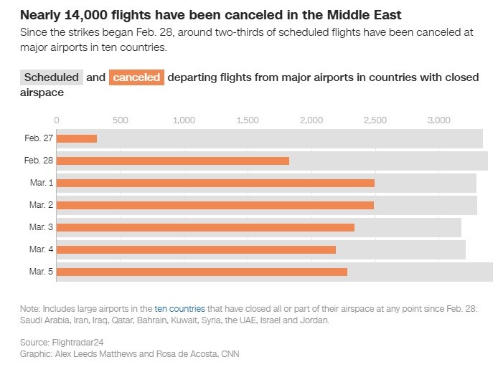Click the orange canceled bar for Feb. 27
coord(77,138)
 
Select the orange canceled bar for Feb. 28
coord(173,161)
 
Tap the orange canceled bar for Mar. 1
coord(215,183)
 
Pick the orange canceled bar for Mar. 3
coord(205,227)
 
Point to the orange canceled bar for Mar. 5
coord(202,272)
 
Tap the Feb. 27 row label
coord(38,138)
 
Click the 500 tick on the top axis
coord(121,120)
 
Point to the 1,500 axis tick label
coord(248,120)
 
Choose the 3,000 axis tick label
coord(438,120)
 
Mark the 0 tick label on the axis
coord(57,120)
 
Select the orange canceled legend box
coord(136,77)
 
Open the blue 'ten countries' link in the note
coord(179,308)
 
